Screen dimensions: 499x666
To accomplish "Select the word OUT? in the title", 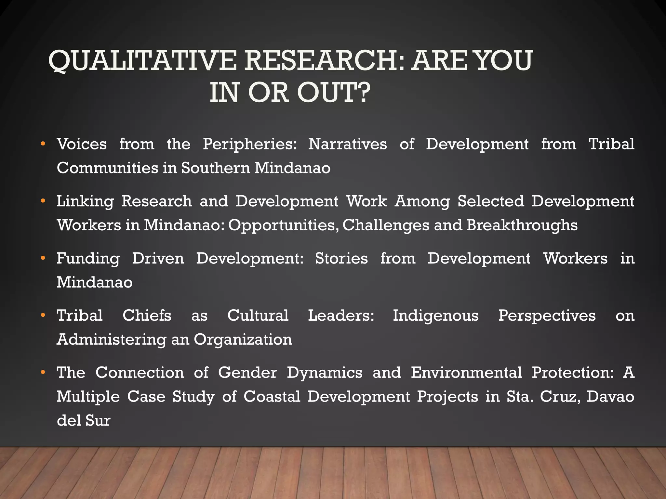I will point(334,92).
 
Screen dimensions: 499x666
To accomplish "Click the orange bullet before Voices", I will point(43,144).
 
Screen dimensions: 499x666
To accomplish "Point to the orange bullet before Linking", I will point(43,201).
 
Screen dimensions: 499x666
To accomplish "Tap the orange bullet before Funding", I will point(43,258).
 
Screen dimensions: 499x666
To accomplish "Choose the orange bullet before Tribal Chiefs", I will point(43,315).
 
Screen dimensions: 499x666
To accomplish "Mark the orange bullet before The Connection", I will point(43,372).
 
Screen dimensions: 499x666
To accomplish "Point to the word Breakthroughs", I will point(522,225).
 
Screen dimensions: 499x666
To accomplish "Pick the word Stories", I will point(341,258).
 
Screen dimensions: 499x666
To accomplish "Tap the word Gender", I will point(247,373).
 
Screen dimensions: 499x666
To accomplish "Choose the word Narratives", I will point(348,144).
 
